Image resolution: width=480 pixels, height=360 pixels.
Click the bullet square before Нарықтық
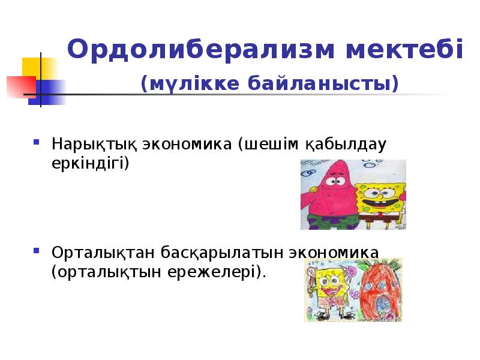[x=37, y=145]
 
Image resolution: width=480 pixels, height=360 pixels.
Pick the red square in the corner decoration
[x=17, y=86]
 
